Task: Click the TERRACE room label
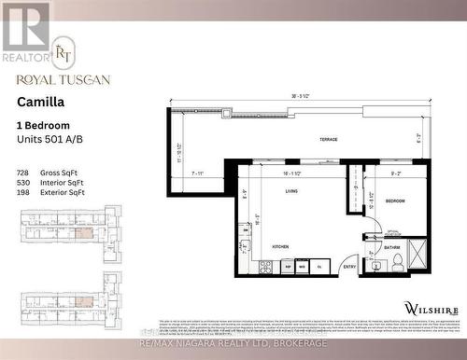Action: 328,139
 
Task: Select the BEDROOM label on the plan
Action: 395,200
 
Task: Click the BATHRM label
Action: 392,247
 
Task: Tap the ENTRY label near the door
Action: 350,266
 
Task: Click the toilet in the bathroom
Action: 397,264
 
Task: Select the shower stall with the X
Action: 417,253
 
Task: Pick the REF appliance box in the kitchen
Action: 287,266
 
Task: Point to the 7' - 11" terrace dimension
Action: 197,173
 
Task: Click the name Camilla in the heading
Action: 39,104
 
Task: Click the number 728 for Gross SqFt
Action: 23,173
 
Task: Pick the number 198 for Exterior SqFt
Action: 23,192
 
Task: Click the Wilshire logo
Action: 430,307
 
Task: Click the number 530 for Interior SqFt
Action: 23,183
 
